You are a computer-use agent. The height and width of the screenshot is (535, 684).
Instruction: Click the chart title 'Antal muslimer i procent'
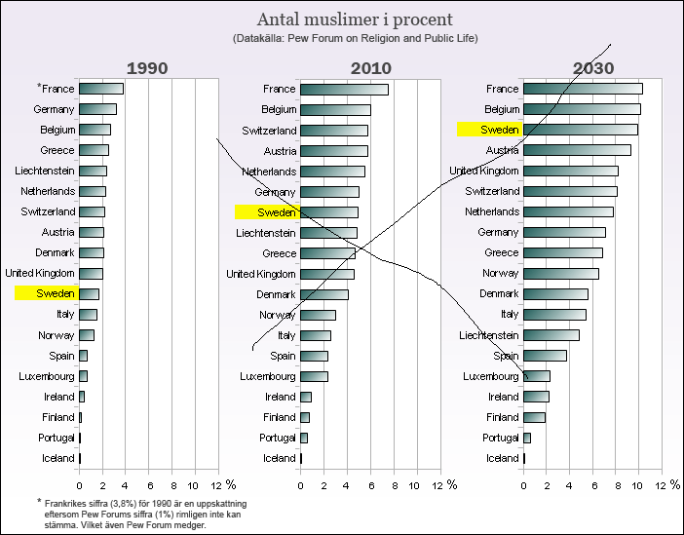tap(355, 19)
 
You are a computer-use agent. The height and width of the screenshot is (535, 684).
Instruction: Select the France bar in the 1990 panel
tap(100, 89)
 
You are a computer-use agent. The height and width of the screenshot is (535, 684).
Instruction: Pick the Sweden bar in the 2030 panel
tap(580, 130)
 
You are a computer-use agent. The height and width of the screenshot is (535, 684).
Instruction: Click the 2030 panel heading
tap(593, 68)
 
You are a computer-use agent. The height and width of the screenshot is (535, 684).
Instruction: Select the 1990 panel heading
tap(148, 68)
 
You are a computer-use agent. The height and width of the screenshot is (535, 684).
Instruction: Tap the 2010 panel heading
tap(371, 68)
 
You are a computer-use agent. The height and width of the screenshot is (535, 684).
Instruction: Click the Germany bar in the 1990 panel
tap(97, 109)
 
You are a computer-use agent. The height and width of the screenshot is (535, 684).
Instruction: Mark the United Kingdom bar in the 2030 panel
tap(570, 172)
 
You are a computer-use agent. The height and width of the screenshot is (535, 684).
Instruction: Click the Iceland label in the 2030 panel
tap(503, 458)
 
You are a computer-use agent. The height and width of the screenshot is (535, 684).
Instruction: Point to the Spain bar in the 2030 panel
tap(545, 356)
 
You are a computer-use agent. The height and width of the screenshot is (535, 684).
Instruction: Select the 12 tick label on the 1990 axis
tap(217, 484)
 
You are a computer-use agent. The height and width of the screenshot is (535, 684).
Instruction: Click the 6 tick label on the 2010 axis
tap(371, 484)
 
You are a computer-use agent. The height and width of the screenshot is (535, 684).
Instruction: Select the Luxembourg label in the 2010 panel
tap(268, 376)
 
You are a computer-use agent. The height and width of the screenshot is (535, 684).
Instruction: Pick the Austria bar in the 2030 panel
tap(577, 150)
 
